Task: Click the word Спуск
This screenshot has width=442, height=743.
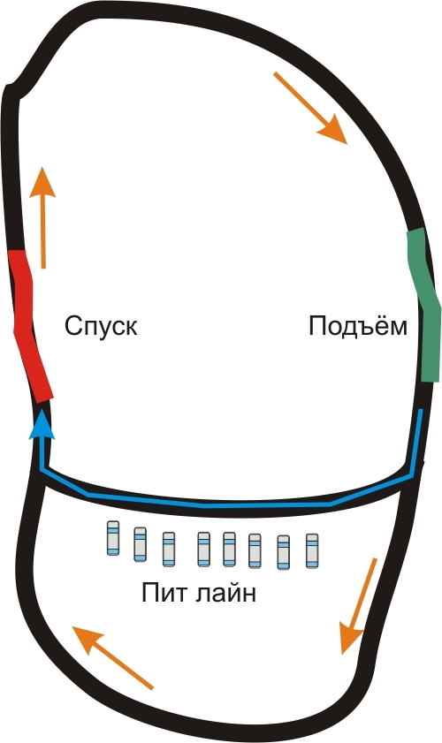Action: pyautogui.click(x=101, y=327)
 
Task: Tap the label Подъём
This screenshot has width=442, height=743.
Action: pyautogui.click(x=358, y=325)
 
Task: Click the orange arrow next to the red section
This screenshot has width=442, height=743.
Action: pyautogui.click(x=42, y=218)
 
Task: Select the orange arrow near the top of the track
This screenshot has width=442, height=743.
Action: pyautogui.click(x=311, y=108)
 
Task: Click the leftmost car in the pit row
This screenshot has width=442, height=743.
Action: pyautogui.click(x=113, y=538)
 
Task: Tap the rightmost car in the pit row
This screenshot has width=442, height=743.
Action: pyautogui.click(x=312, y=550)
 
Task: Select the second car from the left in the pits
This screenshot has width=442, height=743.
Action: pyautogui.click(x=140, y=544)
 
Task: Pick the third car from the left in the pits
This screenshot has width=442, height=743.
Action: pyautogui.click(x=169, y=550)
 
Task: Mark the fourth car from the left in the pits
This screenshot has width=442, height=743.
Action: pyautogui.click(x=204, y=550)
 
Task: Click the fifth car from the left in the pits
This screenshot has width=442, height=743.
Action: pyautogui.click(x=230, y=550)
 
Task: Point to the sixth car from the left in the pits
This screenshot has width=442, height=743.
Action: pyautogui.click(x=255, y=550)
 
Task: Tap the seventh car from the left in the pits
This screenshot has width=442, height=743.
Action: pyautogui.click(x=284, y=552)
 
